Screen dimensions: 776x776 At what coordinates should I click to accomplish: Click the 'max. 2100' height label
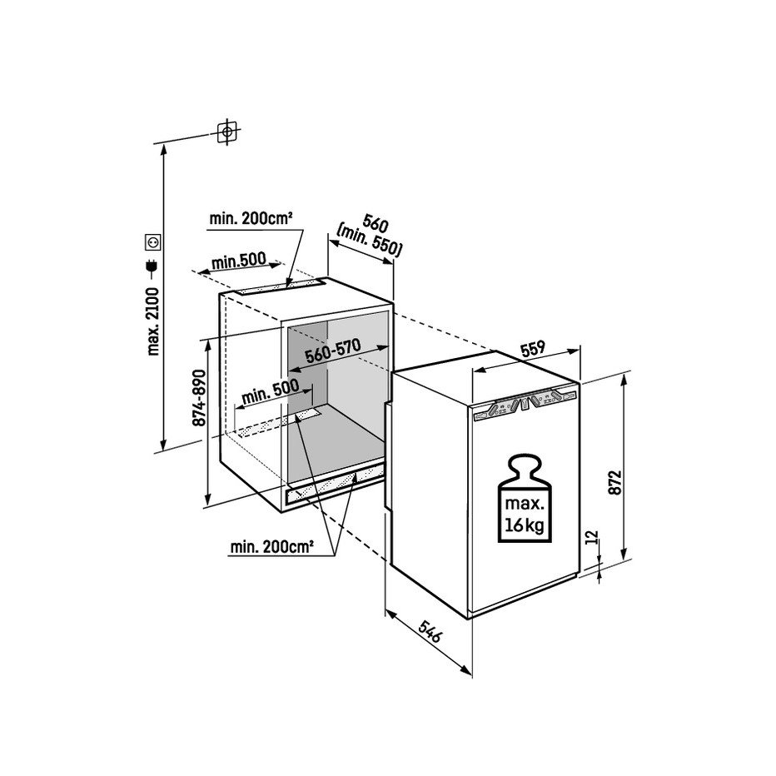[153, 321]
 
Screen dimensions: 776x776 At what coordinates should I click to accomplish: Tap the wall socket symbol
[153, 242]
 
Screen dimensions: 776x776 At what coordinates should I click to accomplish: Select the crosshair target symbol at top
[227, 132]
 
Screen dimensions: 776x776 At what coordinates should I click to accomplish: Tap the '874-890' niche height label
[199, 397]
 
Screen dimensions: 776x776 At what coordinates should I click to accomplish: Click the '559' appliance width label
[532, 348]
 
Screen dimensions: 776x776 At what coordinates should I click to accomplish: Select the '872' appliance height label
[614, 482]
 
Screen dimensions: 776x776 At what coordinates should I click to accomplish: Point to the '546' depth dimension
[429, 631]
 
